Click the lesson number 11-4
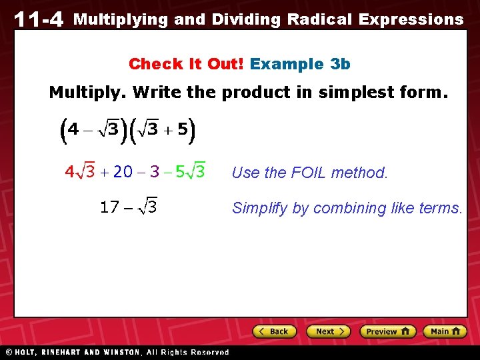[38, 19]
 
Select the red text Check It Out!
[186, 64]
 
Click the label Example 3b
[300, 64]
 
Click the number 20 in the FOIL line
[123, 172]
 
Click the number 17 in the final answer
[109, 207]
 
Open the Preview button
[387, 331]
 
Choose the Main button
[445, 331]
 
